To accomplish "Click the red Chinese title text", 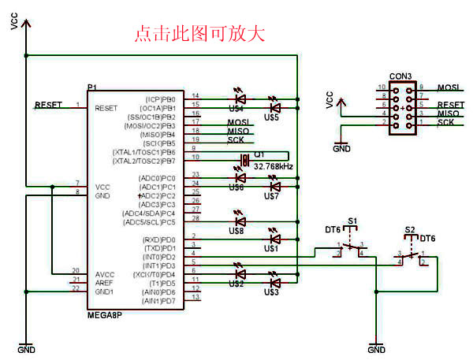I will tap(199, 33).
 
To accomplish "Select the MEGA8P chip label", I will tap(106, 314).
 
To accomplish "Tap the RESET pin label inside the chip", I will tap(106, 107).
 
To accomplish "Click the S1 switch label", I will tap(352, 221).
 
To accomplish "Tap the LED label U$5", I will tap(272, 117).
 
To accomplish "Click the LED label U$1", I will tap(271, 249).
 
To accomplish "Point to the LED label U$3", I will tap(271, 292).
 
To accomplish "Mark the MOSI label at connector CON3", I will tap(449, 87).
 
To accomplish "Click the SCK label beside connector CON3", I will tap(445, 122).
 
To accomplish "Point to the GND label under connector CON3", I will tap(341, 147).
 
